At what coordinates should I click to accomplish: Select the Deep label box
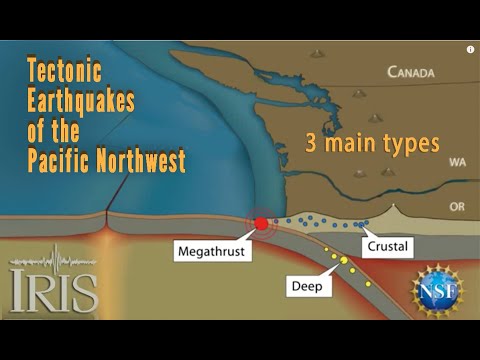coord(305,285)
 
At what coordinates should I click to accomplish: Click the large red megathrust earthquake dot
coord(262,224)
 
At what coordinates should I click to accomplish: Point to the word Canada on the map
coord(411,72)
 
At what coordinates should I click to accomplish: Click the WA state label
coord(458,160)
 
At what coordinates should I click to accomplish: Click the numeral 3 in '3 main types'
coord(311,143)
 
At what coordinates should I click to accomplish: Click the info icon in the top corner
coord(470,49)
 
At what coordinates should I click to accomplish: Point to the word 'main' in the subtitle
coord(350,143)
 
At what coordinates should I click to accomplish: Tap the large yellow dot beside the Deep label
coord(343,260)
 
